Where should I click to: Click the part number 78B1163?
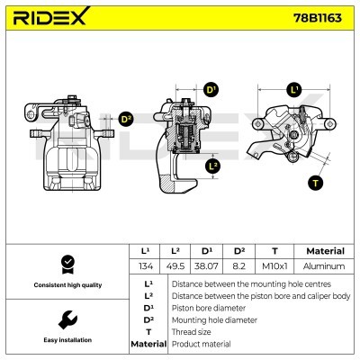pos(319,17)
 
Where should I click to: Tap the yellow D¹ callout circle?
pos(211,90)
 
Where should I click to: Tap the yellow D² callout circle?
pos(126,118)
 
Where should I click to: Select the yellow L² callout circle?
pos(211,166)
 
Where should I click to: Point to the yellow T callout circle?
pos(314,183)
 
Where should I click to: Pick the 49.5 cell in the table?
pos(180,266)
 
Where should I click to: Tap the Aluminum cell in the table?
pos(325,266)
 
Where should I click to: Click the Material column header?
pos(325,251)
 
